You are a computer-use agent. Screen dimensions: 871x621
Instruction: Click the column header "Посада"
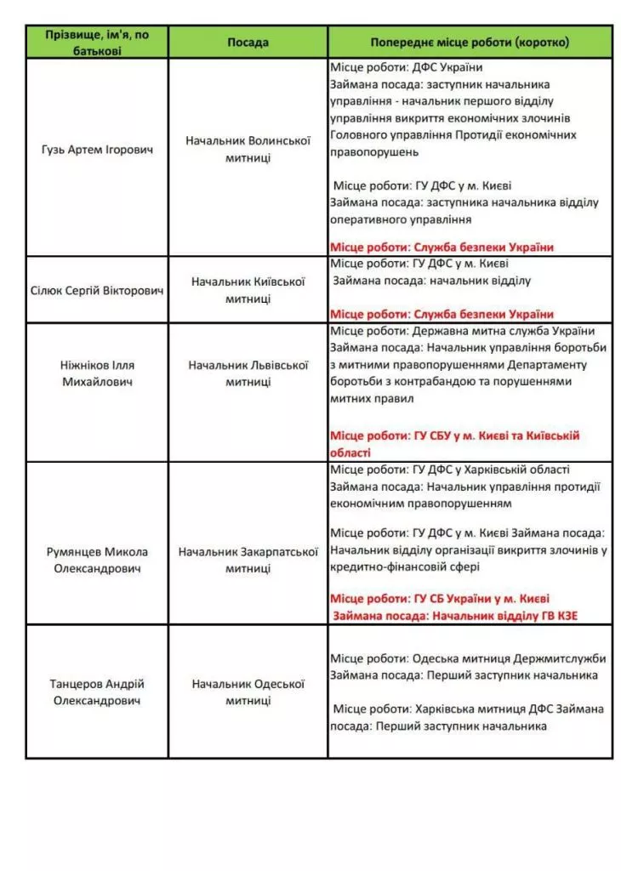coord(248,42)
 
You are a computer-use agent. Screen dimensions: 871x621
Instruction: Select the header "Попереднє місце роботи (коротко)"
coord(470,42)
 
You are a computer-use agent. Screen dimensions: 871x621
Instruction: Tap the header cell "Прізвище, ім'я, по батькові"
coord(97,42)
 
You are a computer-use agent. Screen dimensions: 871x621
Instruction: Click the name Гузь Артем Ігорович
coord(97,150)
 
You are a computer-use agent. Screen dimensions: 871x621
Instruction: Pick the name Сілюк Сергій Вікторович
coord(97,290)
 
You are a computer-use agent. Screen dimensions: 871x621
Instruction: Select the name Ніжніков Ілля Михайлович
coord(97,373)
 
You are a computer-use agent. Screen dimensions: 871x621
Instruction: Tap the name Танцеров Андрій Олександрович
coord(97,692)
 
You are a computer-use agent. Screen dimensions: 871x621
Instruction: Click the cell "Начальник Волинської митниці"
coord(248,150)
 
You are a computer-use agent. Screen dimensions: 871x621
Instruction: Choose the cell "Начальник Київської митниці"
coord(248,290)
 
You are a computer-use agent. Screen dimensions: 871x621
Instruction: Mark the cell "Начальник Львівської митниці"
coord(248,373)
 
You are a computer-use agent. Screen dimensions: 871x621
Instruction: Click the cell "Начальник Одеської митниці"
coord(248,692)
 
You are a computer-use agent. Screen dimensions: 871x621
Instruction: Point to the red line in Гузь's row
coord(442,247)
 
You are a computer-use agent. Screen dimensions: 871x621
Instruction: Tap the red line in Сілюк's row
coord(442,314)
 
